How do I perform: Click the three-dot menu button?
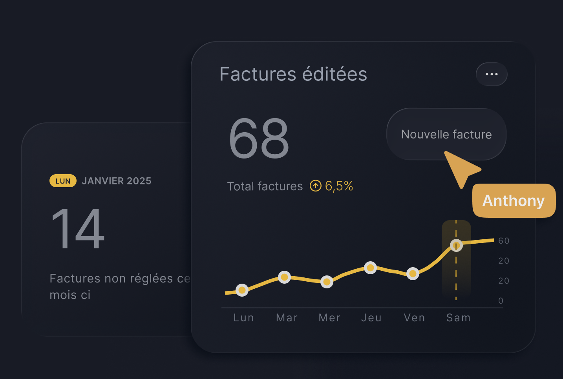point(492,74)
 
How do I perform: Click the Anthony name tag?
point(514,200)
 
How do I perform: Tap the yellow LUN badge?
point(63,181)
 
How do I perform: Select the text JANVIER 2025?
point(116,181)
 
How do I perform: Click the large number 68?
point(259,138)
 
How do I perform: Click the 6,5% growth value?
point(339,186)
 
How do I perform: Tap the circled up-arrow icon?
point(315,186)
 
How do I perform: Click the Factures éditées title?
point(293,74)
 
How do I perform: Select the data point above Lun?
point(242,290)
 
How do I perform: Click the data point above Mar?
point(284,277)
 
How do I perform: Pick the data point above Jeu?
point(370,268)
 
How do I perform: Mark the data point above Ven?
point(413,273)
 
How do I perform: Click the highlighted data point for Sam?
point(456,246)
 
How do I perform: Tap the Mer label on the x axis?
point(329,318)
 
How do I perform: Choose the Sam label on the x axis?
point(458,318)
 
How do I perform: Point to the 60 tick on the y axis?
point(504,241)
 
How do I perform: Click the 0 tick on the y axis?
point(501,301)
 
